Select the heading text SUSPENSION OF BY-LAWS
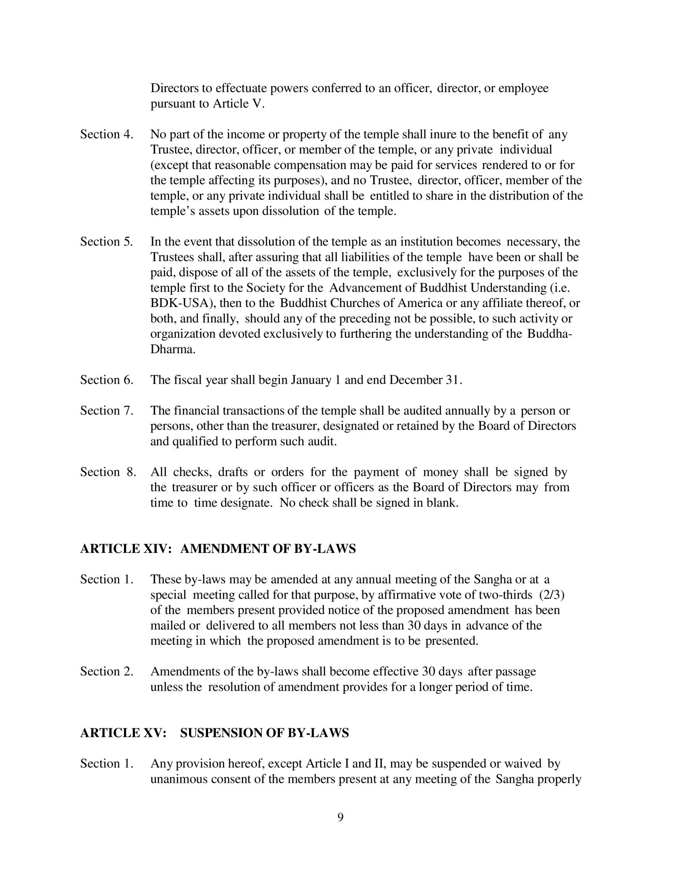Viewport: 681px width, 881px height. pyautogui.click(x=264, y=733)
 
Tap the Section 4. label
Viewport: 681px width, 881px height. pyautogui.click(x=107, y=134)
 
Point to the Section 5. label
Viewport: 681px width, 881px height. pyautogui.click(x=107, y=242)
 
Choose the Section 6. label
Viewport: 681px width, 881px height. pyautogui.click(x=107, y=380)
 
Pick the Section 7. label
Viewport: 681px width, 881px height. pyautogui.click(x=107, y=411)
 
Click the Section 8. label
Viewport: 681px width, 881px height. pyautogui.click(x=108, y=472)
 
